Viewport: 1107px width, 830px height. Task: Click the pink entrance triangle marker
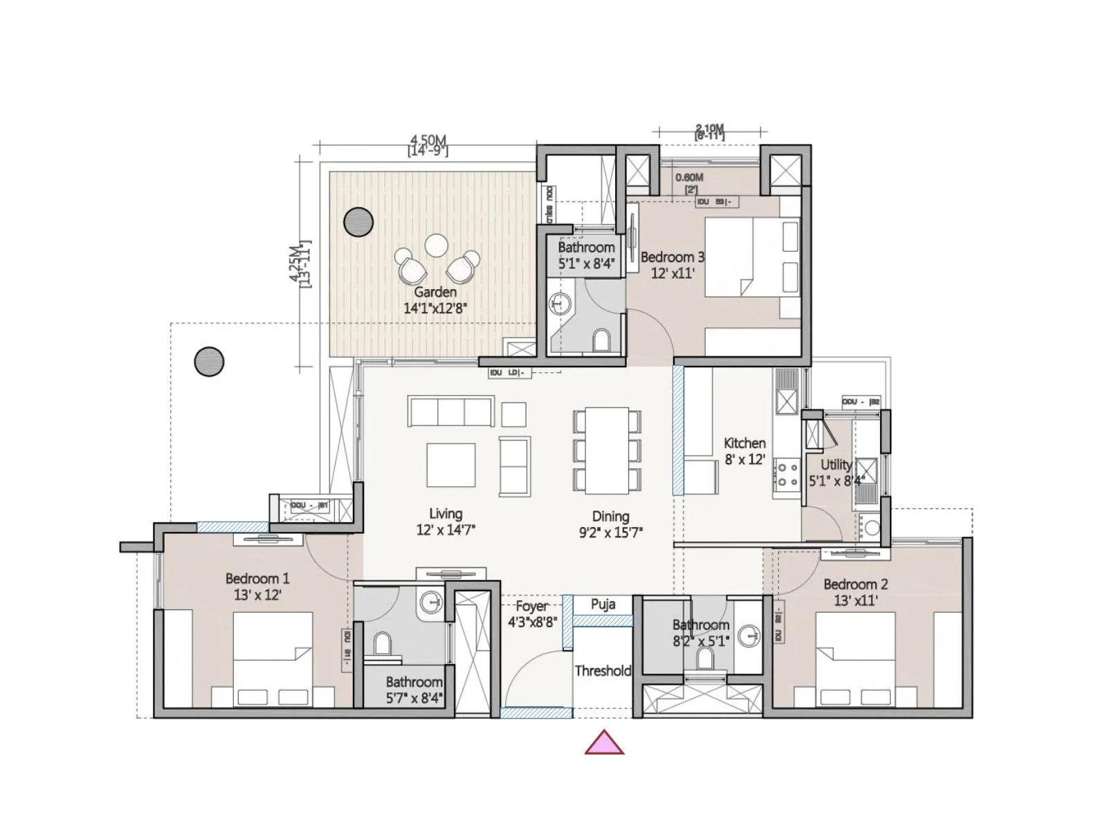click(x=604, y=744)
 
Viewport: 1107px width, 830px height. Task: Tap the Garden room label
click(x=435, y=292)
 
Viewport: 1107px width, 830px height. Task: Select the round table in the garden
click(x=437, y=246)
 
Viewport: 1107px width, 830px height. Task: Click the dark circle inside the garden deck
click(x=358, y=222)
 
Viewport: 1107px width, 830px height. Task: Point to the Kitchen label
click(x=744, y=443)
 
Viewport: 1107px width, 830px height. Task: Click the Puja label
click(x=603, y=604)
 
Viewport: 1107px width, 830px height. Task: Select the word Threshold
click(x=603, y=670)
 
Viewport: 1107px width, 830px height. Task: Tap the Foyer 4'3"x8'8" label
click(x=532, y=614)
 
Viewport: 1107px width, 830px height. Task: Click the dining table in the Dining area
click(x=607, y=450)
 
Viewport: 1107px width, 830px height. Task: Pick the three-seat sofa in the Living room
click(x=451, y=411)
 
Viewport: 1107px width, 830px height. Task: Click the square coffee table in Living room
click(x=450, y=465)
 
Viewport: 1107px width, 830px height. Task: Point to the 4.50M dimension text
click(x=428, y=140)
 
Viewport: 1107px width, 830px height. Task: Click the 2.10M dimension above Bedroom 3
click(x=709, y=129)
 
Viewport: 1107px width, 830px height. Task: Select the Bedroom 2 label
click(x=855, y=584)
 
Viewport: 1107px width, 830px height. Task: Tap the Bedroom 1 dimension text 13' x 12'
click(x=257, y=595)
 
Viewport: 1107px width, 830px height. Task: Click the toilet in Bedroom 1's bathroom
click(x=381, y=645)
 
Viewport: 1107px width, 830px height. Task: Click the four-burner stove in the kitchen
click(x=787, y=474)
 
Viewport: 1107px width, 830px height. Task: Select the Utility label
click(x=836, y=464)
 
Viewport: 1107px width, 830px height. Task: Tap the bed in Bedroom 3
click(x=751, y=257)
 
